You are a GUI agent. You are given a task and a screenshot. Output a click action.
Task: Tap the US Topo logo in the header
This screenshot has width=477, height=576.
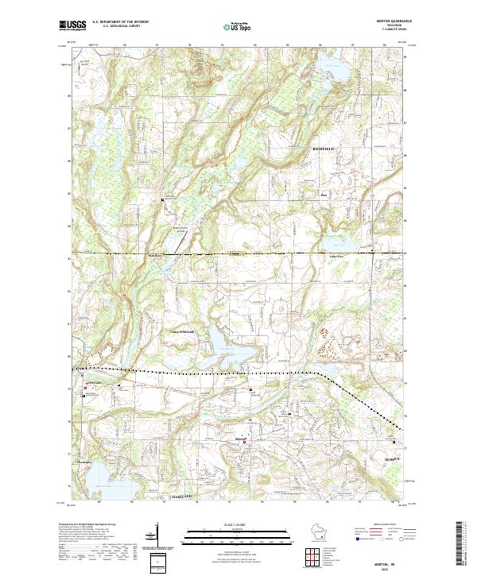coord(236,26)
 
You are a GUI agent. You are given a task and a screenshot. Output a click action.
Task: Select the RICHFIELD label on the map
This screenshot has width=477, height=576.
coord(324,149)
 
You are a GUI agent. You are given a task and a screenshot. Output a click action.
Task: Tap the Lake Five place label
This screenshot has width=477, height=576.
coord(337,257)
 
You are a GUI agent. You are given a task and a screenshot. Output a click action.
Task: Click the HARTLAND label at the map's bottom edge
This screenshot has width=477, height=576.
coord(183,495)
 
